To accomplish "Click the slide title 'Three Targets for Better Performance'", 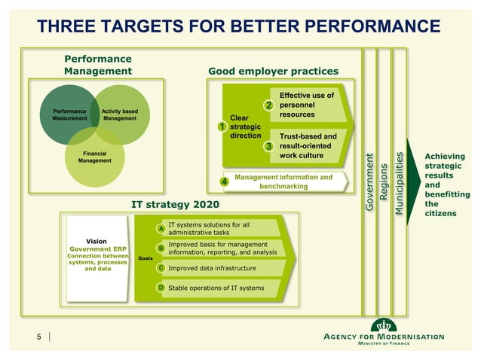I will pyautogui.click(x=240, y=26).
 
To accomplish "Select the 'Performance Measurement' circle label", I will pyautogui.click(x=69, y=114).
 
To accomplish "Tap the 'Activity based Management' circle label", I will pyautogui.click(x=119, y=114).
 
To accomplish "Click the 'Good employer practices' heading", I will pyautogui.click(x=273, y=72).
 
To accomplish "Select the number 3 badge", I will pyautogui.click(x=268, y=146).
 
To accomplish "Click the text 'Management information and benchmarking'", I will pyautogui.click(x=283, y=182).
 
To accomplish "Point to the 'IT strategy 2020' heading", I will pyautogui.click(x=175, y=204).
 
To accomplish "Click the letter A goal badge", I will pyautogui.click(x=161, y=228).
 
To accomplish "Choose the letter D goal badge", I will pyautogui.click(x=161, y=288).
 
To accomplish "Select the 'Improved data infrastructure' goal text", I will pyautogui.click(x=214, y=267).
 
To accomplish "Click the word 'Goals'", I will pyautogui.click(x=145, y=258).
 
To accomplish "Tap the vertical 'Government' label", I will pyautogui.click(x=369, y=182).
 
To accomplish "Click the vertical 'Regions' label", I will pyautogui.click(x=384, y=182).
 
